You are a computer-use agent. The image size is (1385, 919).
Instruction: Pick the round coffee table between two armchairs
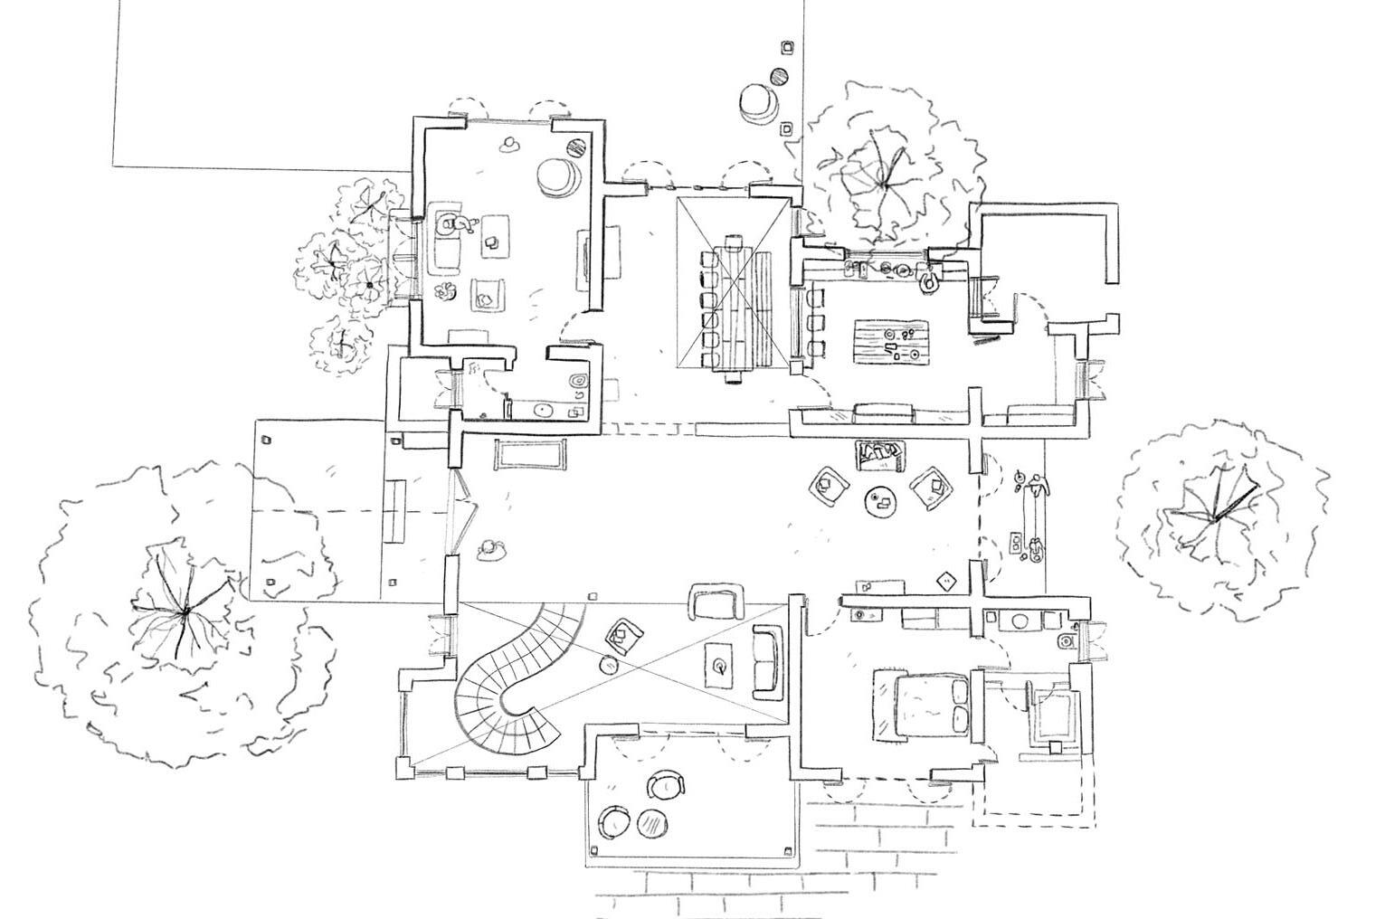coord(878,501)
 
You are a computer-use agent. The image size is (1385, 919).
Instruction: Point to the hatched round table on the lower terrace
coord(650,822)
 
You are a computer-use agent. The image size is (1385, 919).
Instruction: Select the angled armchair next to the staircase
coord(623,634)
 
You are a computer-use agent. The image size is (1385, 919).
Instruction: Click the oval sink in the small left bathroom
coord(544,410)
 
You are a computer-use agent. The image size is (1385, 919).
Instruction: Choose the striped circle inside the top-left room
coord(576,146)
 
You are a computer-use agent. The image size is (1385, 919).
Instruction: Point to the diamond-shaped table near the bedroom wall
coord(948,581)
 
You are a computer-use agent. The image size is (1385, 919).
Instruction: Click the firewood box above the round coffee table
coord(878,455)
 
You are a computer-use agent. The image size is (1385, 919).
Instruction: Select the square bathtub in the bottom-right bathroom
coord(1054,715)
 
